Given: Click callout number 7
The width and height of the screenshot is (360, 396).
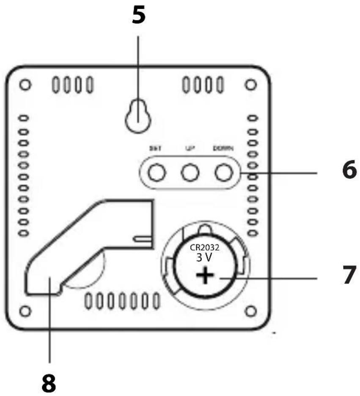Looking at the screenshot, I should point(341,278).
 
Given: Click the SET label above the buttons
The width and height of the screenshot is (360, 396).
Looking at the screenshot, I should point(155,148).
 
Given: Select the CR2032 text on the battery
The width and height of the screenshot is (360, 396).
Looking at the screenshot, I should point(205,249).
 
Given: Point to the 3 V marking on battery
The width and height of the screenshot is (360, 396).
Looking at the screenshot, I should point(205,258).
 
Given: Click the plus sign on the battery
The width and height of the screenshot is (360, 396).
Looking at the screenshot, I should point(205,277).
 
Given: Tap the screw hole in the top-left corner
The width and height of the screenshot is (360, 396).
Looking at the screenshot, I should point(25,85).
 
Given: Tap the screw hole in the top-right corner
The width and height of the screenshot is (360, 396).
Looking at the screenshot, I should point(251,85).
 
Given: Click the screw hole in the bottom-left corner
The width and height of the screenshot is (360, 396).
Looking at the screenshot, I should point(25,311).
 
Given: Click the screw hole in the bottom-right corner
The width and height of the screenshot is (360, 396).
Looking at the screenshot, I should point(251,311).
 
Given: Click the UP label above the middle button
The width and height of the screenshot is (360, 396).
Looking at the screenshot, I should point(190,148).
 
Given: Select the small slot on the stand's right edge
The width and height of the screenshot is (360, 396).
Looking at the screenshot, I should point(143,239).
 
